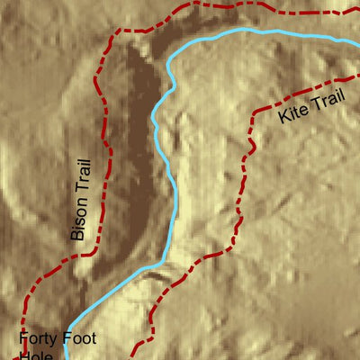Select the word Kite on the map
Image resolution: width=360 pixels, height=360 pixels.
292,114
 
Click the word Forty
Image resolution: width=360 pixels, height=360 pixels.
37,340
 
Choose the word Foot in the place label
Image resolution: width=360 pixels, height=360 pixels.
78,340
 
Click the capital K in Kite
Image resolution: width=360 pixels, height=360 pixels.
283,118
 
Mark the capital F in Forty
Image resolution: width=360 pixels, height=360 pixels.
24,340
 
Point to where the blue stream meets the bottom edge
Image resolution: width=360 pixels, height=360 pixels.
67,358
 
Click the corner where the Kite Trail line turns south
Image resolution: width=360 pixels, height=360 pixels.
255,113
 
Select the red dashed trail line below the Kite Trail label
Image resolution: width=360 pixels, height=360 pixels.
243,180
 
